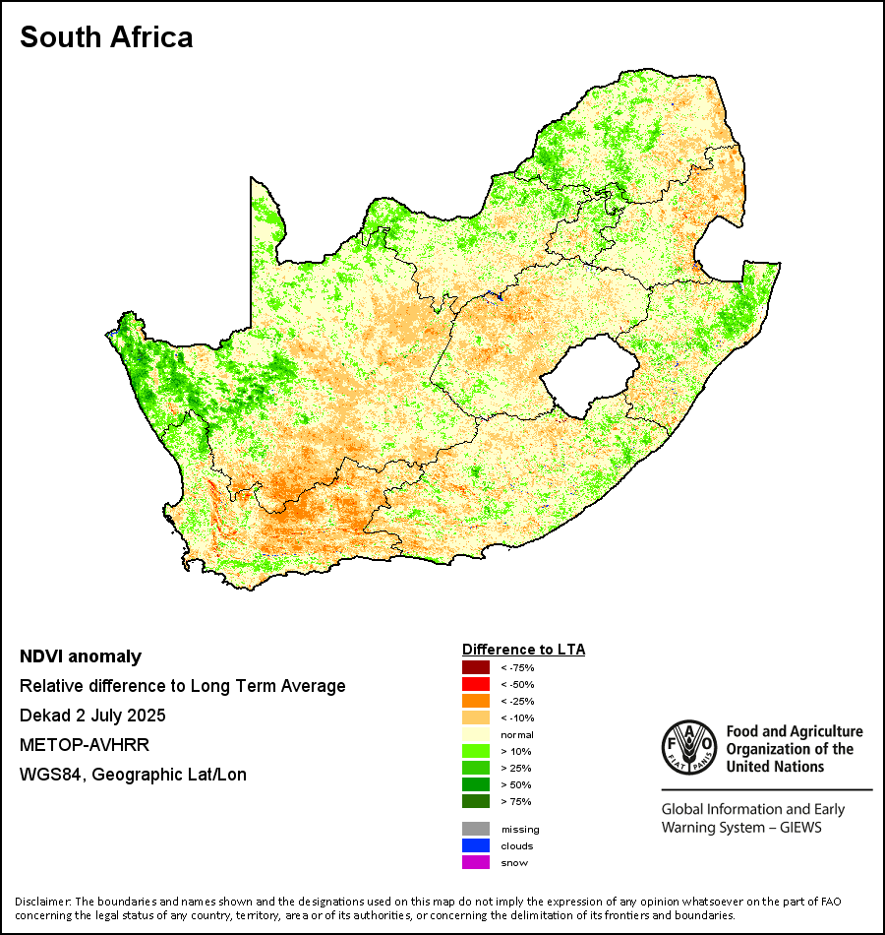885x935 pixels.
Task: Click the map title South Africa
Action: [106, 37]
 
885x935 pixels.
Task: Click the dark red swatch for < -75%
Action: [476, 667]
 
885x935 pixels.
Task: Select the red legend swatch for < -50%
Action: [476, 684]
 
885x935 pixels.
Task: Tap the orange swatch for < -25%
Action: [476, 701]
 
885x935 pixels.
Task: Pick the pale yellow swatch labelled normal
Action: [476, 734]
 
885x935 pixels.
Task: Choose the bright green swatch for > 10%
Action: [476, 751]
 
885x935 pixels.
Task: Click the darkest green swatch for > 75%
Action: [476, 801]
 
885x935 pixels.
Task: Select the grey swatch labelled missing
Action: [476, 829]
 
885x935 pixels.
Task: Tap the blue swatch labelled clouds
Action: [476, 845]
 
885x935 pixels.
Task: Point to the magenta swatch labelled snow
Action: [476, 862]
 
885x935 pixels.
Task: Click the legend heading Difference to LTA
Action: [523, 650]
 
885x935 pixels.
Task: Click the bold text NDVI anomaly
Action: [81, 656]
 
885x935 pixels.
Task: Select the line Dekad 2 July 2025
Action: [92, 716]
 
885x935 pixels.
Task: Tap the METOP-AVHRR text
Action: [84, 745]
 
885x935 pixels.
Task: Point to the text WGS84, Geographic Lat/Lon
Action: [133, 775]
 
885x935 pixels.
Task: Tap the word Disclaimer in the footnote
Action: [42, 902]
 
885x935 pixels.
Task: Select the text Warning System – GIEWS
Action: [741, 828]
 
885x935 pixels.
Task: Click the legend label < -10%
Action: [516, 717]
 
